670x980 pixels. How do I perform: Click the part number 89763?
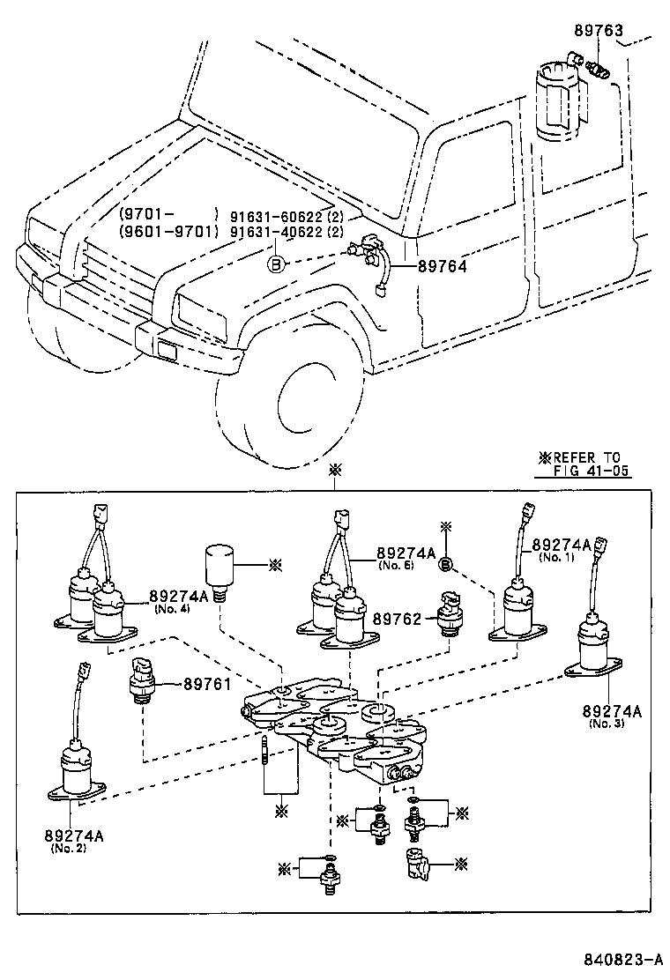pos(600,31)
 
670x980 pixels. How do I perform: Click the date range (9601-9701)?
pos(168,232)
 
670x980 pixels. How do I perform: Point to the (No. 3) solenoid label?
pos(607,724)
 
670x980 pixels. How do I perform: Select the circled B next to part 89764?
pos(276,263)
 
